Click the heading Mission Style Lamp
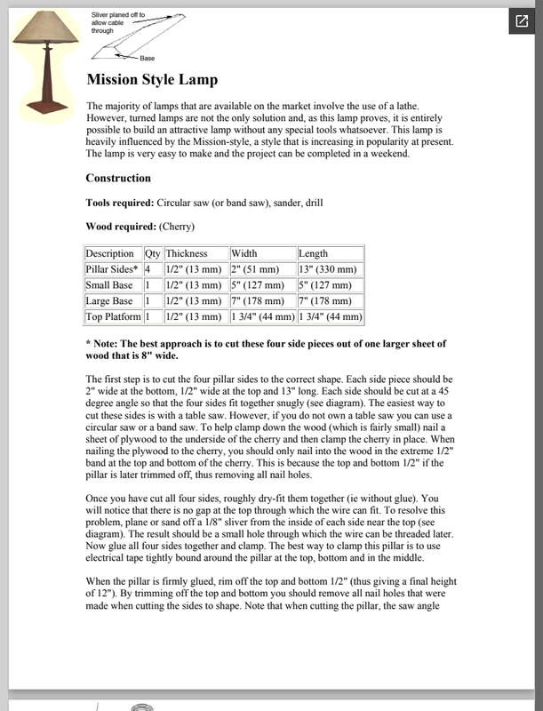pos(151,80)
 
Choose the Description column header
pos(109,254)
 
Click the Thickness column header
pos(186,254)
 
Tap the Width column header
pos(245,254)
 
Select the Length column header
pos(315,254)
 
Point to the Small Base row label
pos(109,285)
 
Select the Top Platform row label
pos(113,316)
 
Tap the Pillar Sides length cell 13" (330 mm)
pos(329,269)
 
